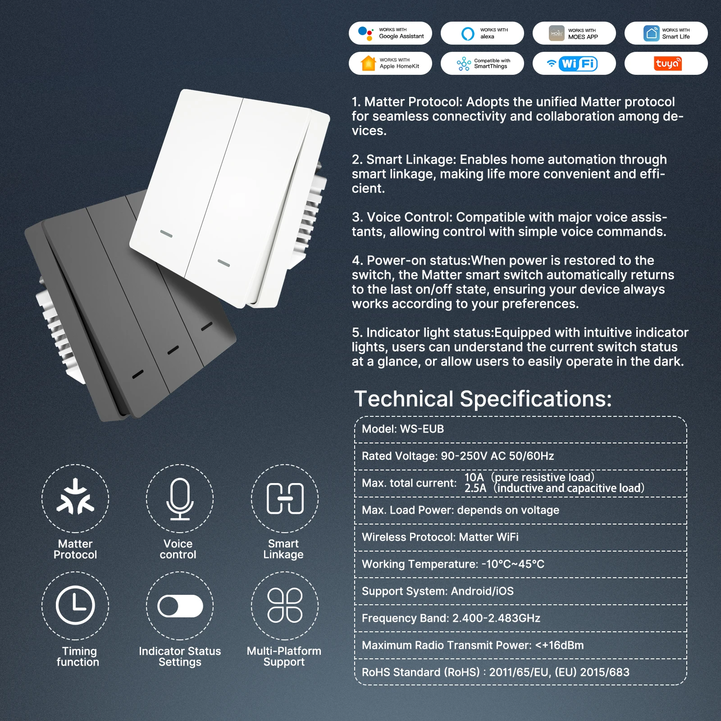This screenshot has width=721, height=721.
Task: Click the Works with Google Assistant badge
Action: click(x=390, y=33)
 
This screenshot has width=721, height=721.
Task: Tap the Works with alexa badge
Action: click(x=482, y=33)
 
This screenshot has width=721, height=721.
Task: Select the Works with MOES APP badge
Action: click(x=574, y=33)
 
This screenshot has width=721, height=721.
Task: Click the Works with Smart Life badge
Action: click(x=666, y=33)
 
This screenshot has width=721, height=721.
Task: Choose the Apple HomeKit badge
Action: click(x=390, y=63)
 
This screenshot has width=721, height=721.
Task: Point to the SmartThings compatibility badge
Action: click(x=482, y=63)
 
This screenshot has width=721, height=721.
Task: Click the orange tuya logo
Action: click(x=668, y=64)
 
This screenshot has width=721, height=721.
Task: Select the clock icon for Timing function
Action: click(x=75, y=605)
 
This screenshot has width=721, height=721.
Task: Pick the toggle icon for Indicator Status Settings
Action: click(x=180, y=606)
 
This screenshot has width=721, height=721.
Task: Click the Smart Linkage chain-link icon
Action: click(x=285, y=498)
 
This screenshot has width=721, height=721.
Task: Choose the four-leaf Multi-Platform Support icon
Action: click(x=285, y=605)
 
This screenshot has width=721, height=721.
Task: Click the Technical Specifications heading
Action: click(x=483, y=398)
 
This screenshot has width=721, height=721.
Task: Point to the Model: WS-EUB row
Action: click(x=520, y=429)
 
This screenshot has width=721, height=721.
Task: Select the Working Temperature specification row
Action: click(x=520, y=564)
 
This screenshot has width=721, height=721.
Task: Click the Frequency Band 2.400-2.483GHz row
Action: click(x=520, y=618)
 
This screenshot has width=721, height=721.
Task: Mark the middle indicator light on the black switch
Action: click(x=173, y=350)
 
